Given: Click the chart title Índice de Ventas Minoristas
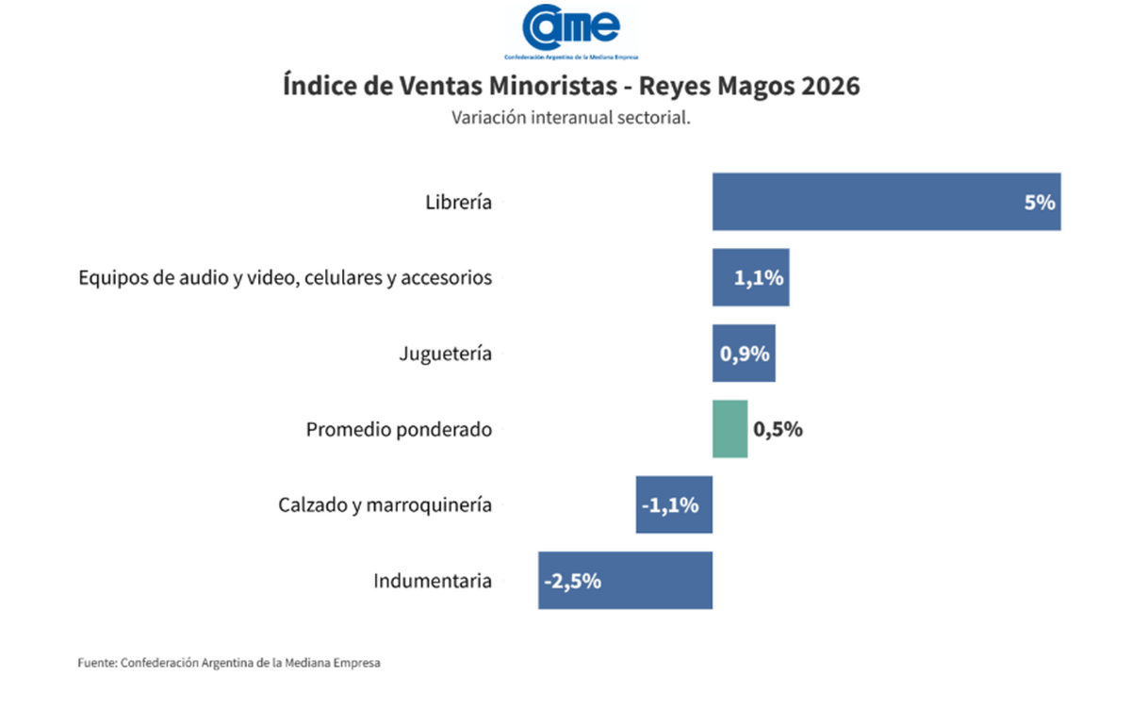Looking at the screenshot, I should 571,86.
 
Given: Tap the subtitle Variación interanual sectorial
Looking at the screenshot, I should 571,118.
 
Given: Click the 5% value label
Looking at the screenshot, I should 1040,202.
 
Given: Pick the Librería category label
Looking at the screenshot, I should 458,202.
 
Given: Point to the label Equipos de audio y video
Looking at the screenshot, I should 286,278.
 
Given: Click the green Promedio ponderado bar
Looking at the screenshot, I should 729,429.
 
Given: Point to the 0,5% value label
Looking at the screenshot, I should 778,429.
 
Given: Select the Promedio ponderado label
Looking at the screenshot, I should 399,429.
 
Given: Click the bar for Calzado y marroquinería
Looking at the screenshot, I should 674,504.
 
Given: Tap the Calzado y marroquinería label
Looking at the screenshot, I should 385,504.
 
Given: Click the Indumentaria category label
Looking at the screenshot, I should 433,580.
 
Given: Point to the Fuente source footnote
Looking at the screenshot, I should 229,663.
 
